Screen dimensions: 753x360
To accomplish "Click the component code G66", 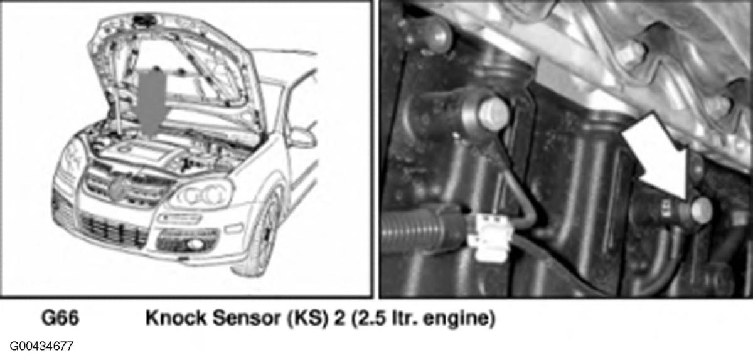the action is click(60, 318).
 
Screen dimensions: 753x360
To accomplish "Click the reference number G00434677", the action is click(41, 346).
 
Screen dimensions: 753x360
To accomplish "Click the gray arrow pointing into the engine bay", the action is click(152, 101).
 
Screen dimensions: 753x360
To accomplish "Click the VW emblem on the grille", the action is click(118, 188).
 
